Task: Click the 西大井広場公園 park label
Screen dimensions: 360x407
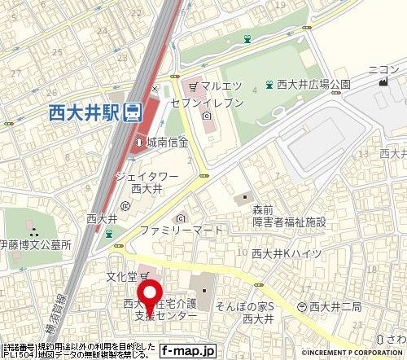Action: pyautogui.click(x=313, y=84)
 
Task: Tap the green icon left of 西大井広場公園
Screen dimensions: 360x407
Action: pyautogui.click(x=269, y=84)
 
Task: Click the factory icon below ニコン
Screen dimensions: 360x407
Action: pyautogui.click(x=381, y=85)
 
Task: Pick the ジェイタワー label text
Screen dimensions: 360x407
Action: pyautogui.click(x=147, y=175)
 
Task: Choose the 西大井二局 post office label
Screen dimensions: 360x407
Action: pyautogui.click(x=335, y=306)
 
